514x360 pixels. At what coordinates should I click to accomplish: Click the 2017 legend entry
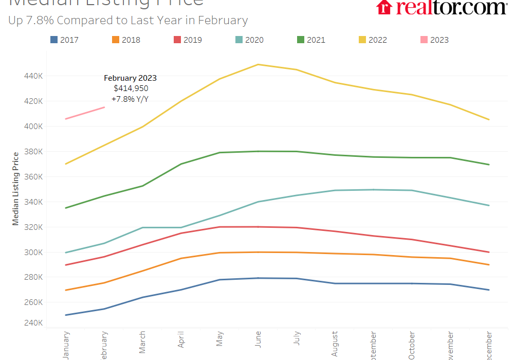coord(65,40)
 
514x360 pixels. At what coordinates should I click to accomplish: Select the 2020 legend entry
coord(250,40)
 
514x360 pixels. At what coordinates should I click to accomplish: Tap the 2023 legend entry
coord(435,40)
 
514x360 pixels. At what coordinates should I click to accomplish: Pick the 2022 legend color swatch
coord(362,40)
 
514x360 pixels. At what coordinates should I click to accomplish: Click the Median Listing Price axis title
coord(16,188)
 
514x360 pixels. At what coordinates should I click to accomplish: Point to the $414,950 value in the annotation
coord(131,88)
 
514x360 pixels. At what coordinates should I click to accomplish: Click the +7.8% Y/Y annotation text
coord(130,99)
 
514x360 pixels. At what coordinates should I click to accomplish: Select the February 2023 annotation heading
coord(130,78)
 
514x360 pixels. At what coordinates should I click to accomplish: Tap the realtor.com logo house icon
coord(384,7)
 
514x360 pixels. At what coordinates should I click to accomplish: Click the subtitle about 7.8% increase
coord(128,21)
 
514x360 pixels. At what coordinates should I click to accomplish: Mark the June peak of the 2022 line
coord(258,64)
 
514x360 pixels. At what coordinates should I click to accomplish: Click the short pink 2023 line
coord(85,113)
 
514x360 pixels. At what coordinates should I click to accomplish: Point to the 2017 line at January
coord(66,315)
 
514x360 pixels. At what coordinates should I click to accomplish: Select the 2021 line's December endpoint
coord(489,165)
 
